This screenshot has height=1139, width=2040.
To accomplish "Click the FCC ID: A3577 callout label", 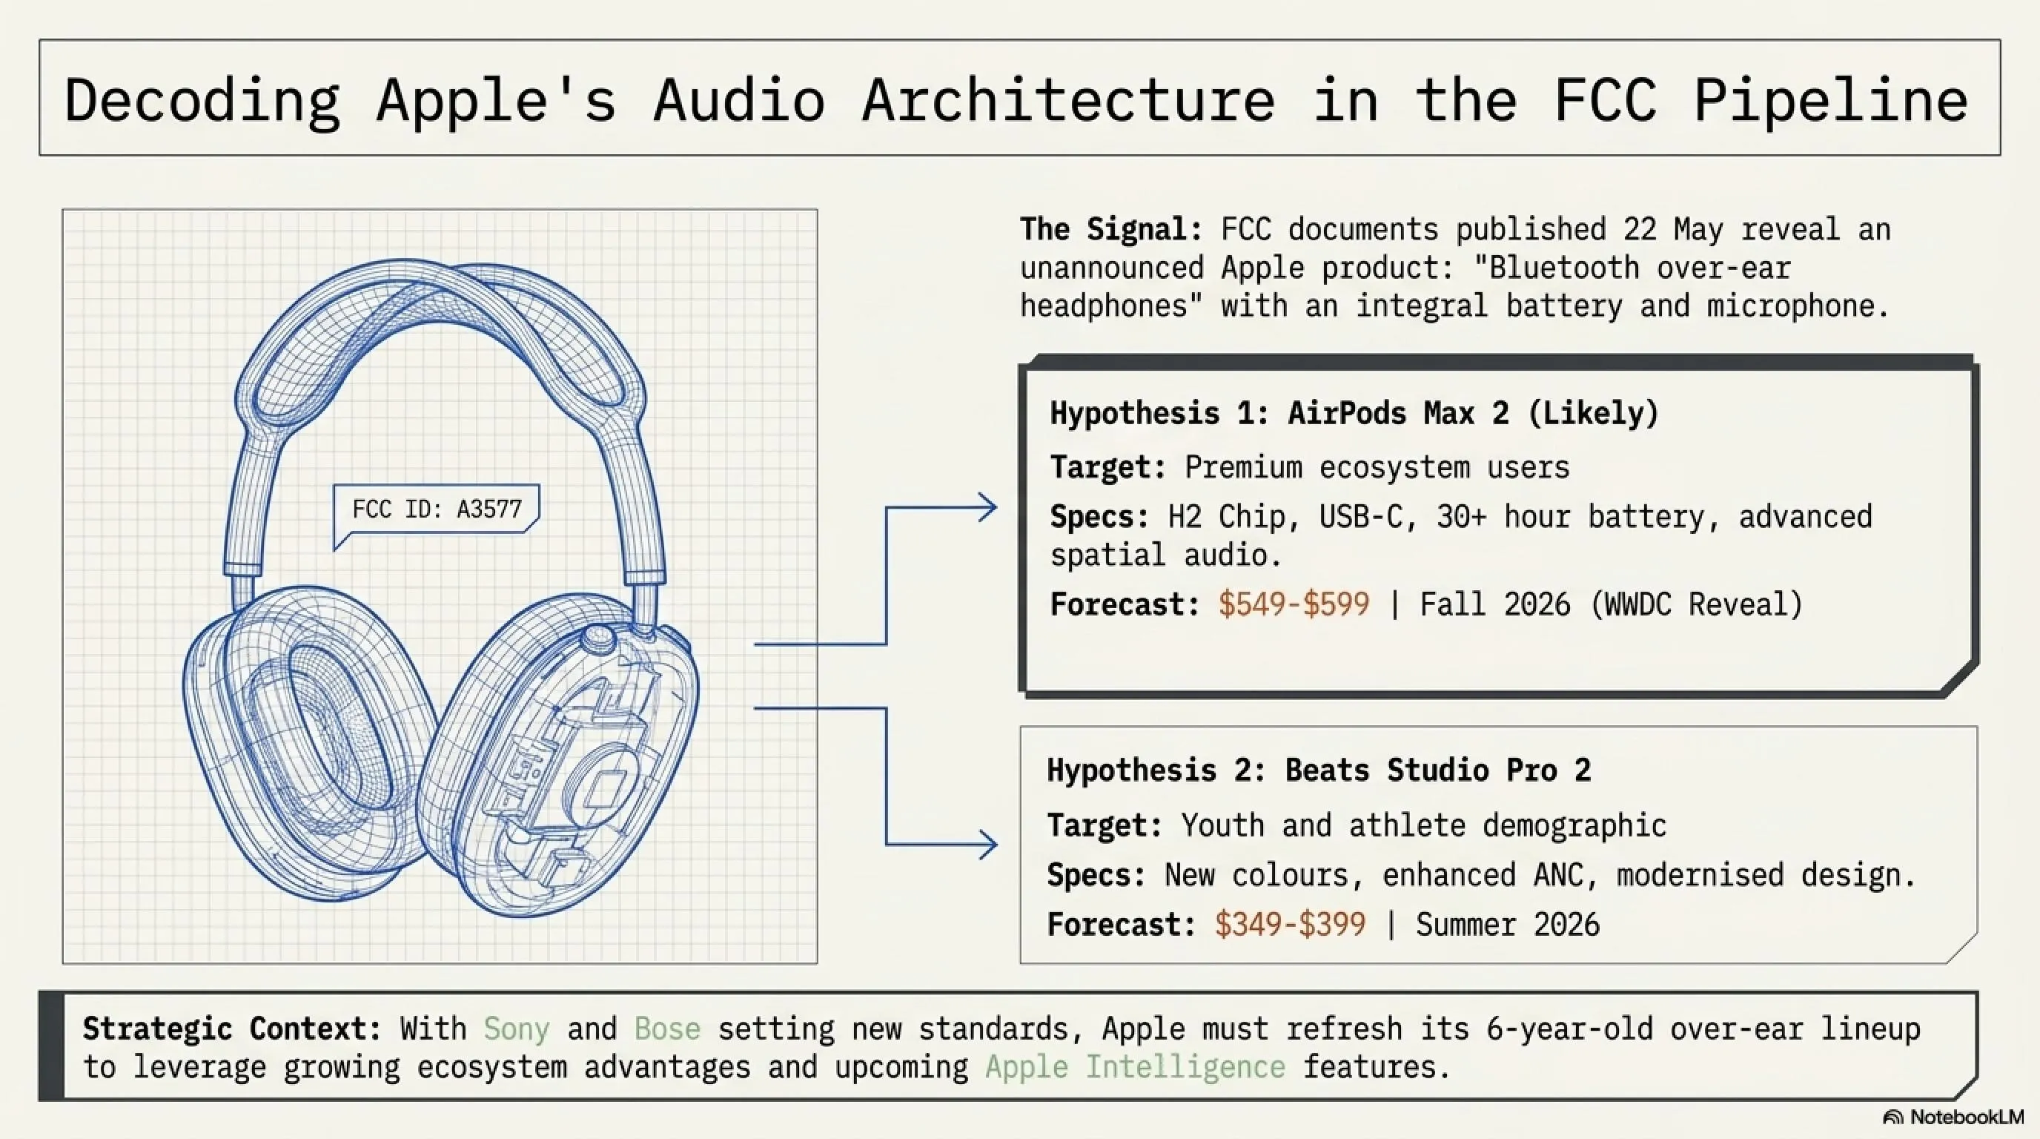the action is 437,509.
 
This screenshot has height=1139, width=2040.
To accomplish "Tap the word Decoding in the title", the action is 202,101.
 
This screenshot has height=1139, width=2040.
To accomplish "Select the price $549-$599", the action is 1294,604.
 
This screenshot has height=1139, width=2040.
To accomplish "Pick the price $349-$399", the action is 1290,925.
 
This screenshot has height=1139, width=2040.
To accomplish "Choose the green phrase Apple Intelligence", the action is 1135,1067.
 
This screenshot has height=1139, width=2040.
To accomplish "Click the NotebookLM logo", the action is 1953,1117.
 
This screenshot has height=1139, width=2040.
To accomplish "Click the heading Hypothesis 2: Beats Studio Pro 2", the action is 1319,770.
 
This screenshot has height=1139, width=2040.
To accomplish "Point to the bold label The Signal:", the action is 1111,229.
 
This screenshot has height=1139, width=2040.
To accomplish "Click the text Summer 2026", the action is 1508,925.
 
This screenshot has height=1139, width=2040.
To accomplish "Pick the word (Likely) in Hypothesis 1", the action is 1592,413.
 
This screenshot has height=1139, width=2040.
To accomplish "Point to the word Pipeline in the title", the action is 1830,101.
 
